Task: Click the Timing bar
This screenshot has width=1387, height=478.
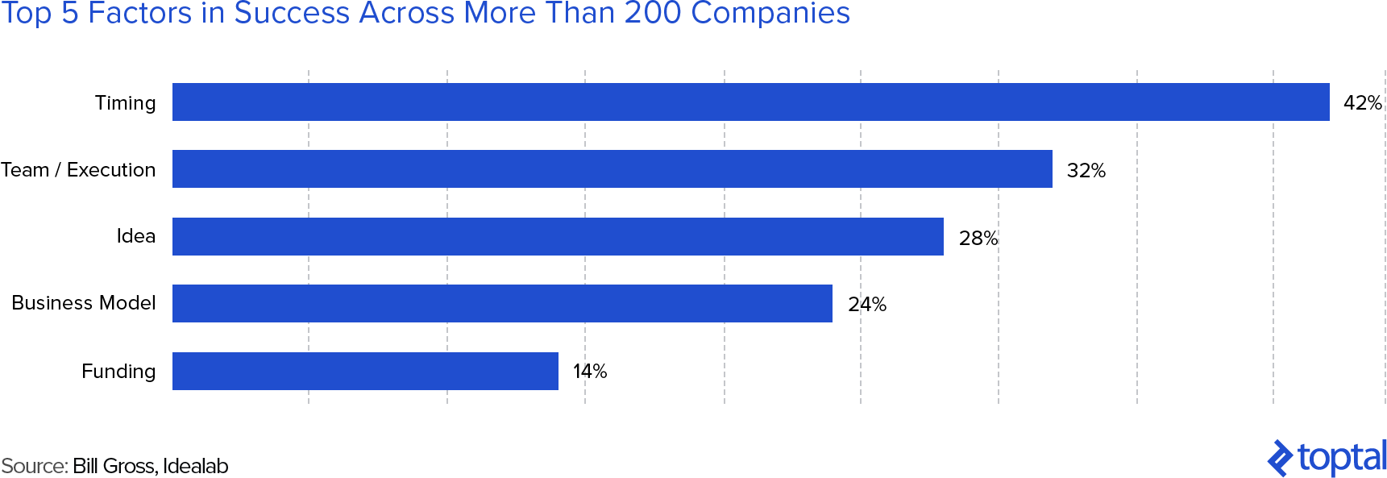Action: (750, 102)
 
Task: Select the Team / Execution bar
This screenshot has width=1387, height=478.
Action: (612, 169)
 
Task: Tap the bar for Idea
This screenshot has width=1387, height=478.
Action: (558, 236)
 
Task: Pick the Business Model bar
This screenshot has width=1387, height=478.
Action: (502, 303)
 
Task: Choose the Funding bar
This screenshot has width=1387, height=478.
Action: (365, 371)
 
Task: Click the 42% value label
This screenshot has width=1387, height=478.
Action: (1362, 103)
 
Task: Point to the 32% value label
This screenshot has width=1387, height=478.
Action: (1086, 171)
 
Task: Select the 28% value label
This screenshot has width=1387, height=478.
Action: (978, 239)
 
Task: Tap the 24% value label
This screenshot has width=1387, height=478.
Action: (866, 305)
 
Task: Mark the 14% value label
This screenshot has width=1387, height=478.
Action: (589, 372)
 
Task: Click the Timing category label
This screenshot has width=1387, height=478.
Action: (125, 103)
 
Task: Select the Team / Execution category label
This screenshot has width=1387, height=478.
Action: (78, 170)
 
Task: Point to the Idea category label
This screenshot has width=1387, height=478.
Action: (135, 236)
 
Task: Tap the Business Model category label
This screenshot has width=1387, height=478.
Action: (84, 303)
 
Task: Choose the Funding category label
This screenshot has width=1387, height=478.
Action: (118, 372)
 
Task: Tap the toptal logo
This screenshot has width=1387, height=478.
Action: (1327, 458)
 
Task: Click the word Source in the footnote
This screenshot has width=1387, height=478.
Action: (34, 466)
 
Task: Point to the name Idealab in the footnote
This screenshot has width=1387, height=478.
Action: (195, 466)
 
